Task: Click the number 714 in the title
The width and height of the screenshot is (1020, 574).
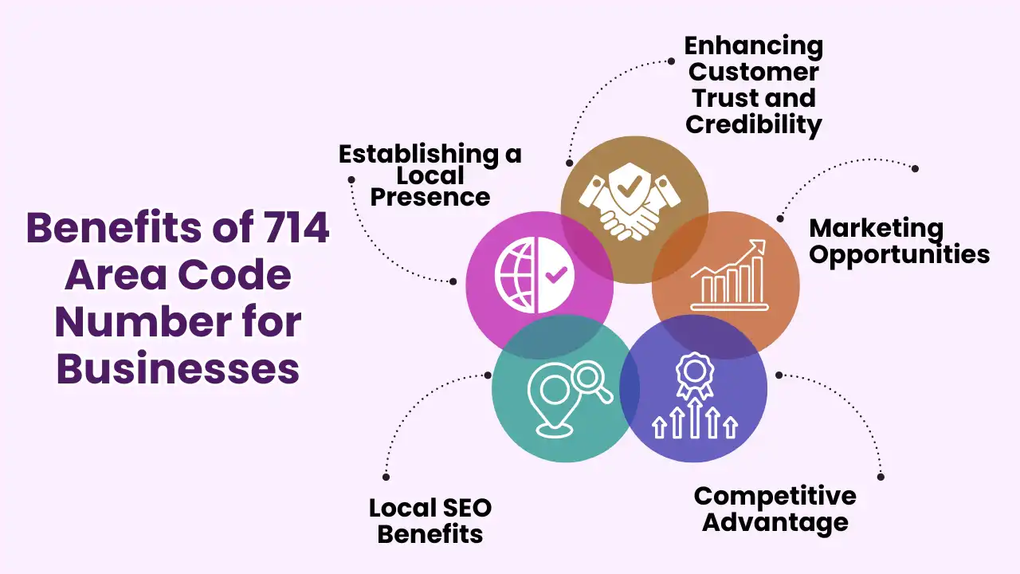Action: coord(296,229)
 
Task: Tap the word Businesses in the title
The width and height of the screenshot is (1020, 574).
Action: coord(178,369)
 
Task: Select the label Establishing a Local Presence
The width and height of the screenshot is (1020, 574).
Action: coord(430,175)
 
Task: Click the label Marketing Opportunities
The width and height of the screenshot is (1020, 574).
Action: coord(899,242)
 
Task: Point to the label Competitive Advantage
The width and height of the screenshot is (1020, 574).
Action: coord(775,509)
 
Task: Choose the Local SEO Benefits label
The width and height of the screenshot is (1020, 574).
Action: coord(430,521)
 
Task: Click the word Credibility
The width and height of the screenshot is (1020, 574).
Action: coord(753,124)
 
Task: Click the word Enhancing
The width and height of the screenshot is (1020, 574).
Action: coord(753,45)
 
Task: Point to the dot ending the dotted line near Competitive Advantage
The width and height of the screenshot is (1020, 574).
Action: coord(881,477)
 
